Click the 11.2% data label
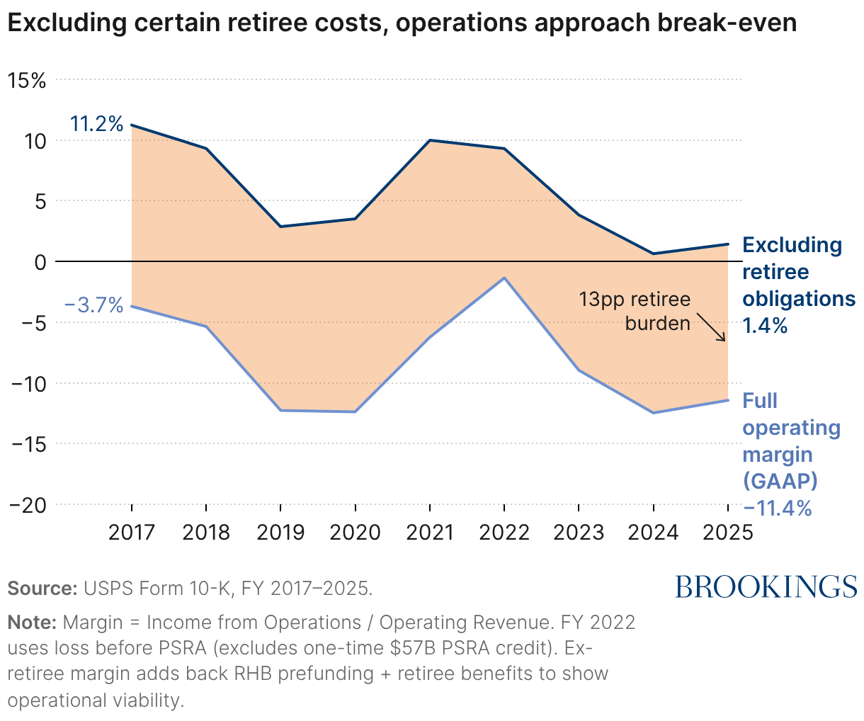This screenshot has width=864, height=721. coord(96,125)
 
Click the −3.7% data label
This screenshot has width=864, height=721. coord(93,306)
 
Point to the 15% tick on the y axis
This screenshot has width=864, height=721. coord(26,80)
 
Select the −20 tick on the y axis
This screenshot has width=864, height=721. coord(27,505)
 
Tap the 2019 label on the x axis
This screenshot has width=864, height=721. coord(280,533)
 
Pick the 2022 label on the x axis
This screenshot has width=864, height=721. coord(504,533)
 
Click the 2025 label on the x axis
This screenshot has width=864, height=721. coord(728,533)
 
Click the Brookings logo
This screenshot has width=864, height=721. coord(766,587)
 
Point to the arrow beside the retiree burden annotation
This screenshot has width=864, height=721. coord(710,327)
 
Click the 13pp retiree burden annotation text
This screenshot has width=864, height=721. coord(635,312)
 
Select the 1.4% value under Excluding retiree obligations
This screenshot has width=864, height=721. coord(765,326)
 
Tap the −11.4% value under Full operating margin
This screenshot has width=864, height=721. coord(777,509)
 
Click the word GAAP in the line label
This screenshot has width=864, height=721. coord(780,482)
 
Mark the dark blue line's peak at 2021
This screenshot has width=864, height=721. coord(430,140)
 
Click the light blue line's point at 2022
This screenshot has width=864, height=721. coord(504,278)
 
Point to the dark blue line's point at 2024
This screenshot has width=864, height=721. coord(653,254)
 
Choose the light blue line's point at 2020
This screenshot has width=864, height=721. coord(355,411)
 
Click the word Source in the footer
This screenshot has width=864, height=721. coord(42,589)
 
